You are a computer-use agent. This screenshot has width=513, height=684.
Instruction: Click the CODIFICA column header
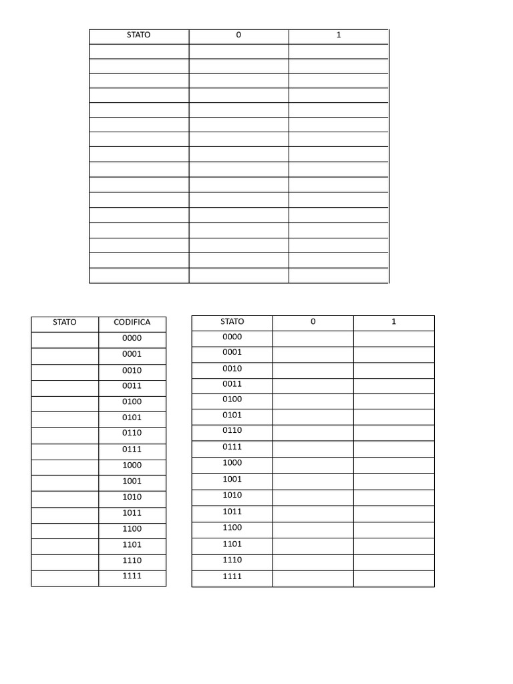tap(132, 322)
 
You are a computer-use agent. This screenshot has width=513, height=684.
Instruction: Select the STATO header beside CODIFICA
tap(65, 322)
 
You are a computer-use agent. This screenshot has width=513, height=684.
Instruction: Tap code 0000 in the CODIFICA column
tap(132, 338)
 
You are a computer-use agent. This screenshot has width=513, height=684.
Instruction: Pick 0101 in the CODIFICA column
tap(132, 417)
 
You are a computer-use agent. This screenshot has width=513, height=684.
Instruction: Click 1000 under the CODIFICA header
tap(132, 465)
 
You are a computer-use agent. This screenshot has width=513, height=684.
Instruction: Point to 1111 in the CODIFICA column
tap(132, 576)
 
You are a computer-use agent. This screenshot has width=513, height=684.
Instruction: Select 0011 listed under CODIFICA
tap(132, 386)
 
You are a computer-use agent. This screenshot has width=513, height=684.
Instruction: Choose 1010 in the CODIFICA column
tap(132, 497)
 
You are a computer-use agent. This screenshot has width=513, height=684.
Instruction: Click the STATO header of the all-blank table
tap(138, 35)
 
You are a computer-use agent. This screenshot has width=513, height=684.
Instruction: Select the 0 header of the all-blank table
tap(238, 35)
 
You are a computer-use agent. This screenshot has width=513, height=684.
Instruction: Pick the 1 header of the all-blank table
tap(339, 35)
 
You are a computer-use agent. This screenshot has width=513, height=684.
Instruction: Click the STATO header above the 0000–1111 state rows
tap(232, 321)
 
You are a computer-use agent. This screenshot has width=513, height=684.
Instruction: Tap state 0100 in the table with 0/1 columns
tap(232, 399)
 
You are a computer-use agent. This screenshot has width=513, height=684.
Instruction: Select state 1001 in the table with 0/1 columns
tap(232, 479)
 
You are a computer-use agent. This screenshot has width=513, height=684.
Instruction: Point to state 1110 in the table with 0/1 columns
tap(232, 560)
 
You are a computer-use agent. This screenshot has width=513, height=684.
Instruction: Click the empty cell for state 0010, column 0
tap(313, 371)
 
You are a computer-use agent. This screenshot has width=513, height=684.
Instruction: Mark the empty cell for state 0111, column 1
tap(393, 449)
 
